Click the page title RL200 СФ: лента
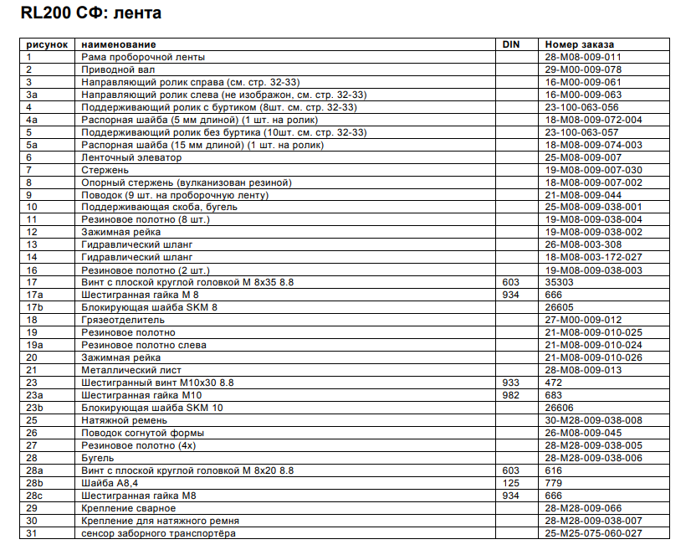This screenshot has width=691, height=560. (85, 13)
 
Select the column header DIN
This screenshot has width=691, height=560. (510, 44)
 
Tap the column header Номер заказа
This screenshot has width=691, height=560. (579, 44)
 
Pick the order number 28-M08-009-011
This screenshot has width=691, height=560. (582, 57)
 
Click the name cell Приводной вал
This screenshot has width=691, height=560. (112, 69)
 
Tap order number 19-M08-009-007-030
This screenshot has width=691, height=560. (594, 169)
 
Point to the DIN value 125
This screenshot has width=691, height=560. (509, 482)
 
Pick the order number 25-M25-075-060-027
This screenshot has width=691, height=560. (594, 532)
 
